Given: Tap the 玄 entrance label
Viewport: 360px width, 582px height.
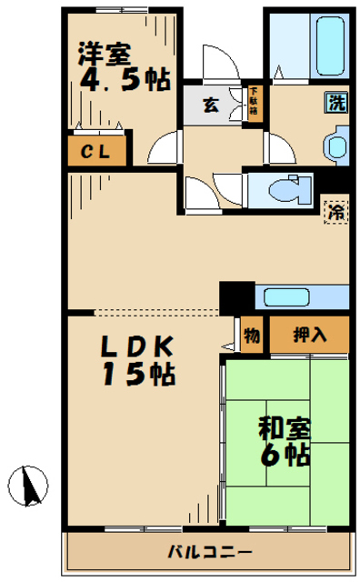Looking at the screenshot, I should coord(210,104).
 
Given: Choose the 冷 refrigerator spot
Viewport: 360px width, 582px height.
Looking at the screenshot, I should coord(335,212).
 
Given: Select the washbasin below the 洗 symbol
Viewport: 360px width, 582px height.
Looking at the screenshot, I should coord(335,145).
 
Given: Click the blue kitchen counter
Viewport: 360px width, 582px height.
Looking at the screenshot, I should coord(302,296).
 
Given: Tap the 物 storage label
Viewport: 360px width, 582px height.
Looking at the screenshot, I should coord(252,336).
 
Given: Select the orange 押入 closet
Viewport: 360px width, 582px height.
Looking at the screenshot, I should coord(309,336).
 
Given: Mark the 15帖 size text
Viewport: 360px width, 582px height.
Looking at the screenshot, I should coord(136,374).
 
